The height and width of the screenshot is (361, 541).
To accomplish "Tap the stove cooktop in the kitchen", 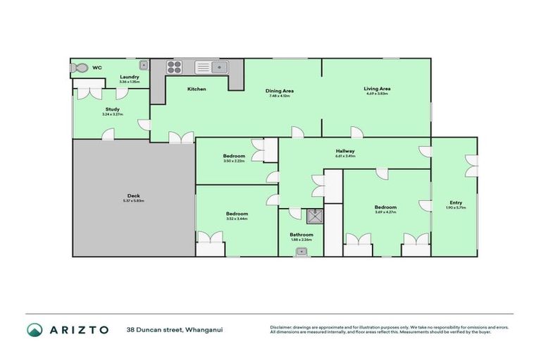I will click(x=173, y=68).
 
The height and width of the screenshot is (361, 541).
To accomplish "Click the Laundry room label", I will click(x=130, y=77).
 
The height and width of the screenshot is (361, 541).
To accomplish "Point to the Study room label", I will click(x=113, y=109).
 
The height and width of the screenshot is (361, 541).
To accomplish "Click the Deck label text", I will click(x=134, y=196).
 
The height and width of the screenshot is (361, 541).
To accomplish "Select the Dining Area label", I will click(x=280, y=91).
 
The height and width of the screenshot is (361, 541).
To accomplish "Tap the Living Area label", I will click(x=377, y=89).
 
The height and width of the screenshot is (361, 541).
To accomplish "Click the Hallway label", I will click(x=345, y=151).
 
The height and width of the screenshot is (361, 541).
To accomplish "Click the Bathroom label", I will click(x=301, y=235).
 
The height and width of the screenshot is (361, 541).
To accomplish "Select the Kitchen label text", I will click(x=197, y=90).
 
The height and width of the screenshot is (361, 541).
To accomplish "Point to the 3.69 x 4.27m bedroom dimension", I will click(x=385, y=212).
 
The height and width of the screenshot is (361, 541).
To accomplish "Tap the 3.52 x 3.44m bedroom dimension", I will click(x=237, y=219).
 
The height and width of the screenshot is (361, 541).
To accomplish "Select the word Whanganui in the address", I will click(x=204, y=329).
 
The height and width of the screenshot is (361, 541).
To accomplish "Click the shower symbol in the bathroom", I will click(x=314, y=215).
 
